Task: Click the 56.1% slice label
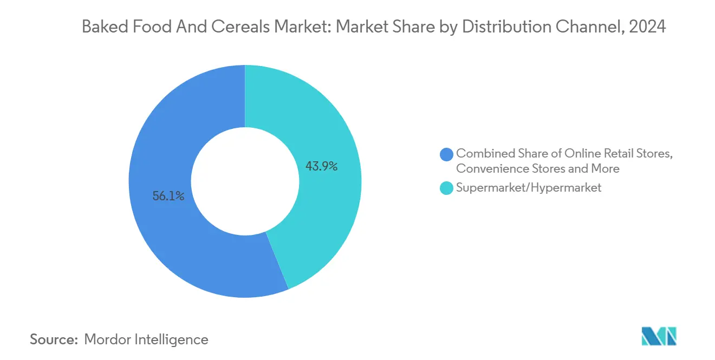[x=168, y=197]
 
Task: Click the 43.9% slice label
[x=322, y=167]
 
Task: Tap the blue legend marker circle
[x=446, y=154]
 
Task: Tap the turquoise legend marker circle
[x=446, y=188]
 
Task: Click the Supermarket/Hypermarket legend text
[x=529, y=188]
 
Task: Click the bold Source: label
[x=54, y=339]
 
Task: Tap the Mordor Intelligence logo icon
[x=659, y=337]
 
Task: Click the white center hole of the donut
[x=245, y=181]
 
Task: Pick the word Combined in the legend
[x=482, y=154]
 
